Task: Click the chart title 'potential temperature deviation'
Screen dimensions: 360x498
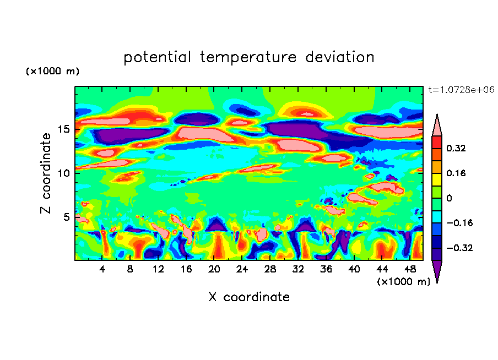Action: tap(249, 57)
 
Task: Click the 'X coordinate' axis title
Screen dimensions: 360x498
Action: tap(249, 297)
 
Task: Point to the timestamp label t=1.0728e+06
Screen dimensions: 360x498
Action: tap(461, 90)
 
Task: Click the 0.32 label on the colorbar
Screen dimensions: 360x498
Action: tap(458, 148)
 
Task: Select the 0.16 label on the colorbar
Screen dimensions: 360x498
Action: tap(458, 173)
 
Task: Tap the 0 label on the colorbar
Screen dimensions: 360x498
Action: tap(450, 198)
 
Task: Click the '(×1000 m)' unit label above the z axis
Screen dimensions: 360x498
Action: tap(53, 72)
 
